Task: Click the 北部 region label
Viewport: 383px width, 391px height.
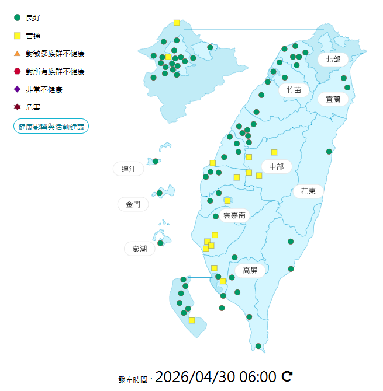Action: (x=333, y=59)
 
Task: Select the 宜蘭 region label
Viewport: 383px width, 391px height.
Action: (x=333, y=99)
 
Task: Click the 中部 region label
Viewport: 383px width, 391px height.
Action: (x=277, y=167)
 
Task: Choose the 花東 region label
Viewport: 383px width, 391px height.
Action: (x=309, y=191)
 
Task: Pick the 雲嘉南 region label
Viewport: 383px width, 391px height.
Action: (x=234, y=215)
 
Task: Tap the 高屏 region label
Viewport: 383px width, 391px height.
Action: (x=250, y=270)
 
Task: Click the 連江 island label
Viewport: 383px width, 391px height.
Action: (x=129, y=169)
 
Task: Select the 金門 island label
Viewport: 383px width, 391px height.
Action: (x=133, y=204)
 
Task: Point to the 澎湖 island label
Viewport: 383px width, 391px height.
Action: (x=140, y=249)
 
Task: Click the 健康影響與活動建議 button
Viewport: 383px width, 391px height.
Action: (x=51, y=126)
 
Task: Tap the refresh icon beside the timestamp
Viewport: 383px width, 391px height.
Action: (x=287, y=376)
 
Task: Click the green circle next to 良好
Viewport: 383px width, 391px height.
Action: (x=17, y=18)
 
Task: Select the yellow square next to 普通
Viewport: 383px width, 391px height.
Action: (x=17, y=36)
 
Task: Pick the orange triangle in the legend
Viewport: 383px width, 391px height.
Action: (x=17, y=54)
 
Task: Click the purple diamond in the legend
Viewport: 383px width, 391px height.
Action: (x=17, y=89)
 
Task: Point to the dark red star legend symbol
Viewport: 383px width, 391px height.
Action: (x=17, y=107)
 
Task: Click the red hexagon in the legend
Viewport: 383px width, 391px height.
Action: (x=17, y=72)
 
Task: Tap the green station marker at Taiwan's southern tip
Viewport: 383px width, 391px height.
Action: (x=258, y=346)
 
